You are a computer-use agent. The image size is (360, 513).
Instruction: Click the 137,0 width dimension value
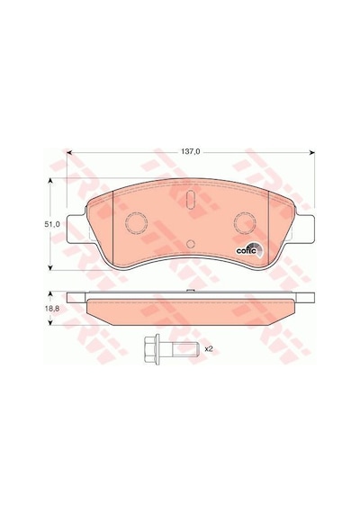(191, 152)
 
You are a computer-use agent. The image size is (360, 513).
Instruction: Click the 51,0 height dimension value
(50, 224)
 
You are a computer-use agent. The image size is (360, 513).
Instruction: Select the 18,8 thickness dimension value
(50, 308)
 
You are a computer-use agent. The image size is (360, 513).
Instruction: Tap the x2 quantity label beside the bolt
(209, 349)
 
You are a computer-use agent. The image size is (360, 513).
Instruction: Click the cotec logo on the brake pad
(248, 250)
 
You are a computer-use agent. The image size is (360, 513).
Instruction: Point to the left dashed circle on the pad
(136, 223)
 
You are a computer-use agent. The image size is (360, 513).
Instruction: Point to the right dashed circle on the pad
(245, 223)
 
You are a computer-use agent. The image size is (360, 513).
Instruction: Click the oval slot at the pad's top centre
(190, 199)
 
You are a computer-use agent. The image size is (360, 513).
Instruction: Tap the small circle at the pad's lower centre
(191, 244)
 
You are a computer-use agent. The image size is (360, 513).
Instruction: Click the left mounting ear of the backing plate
(76, 229)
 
